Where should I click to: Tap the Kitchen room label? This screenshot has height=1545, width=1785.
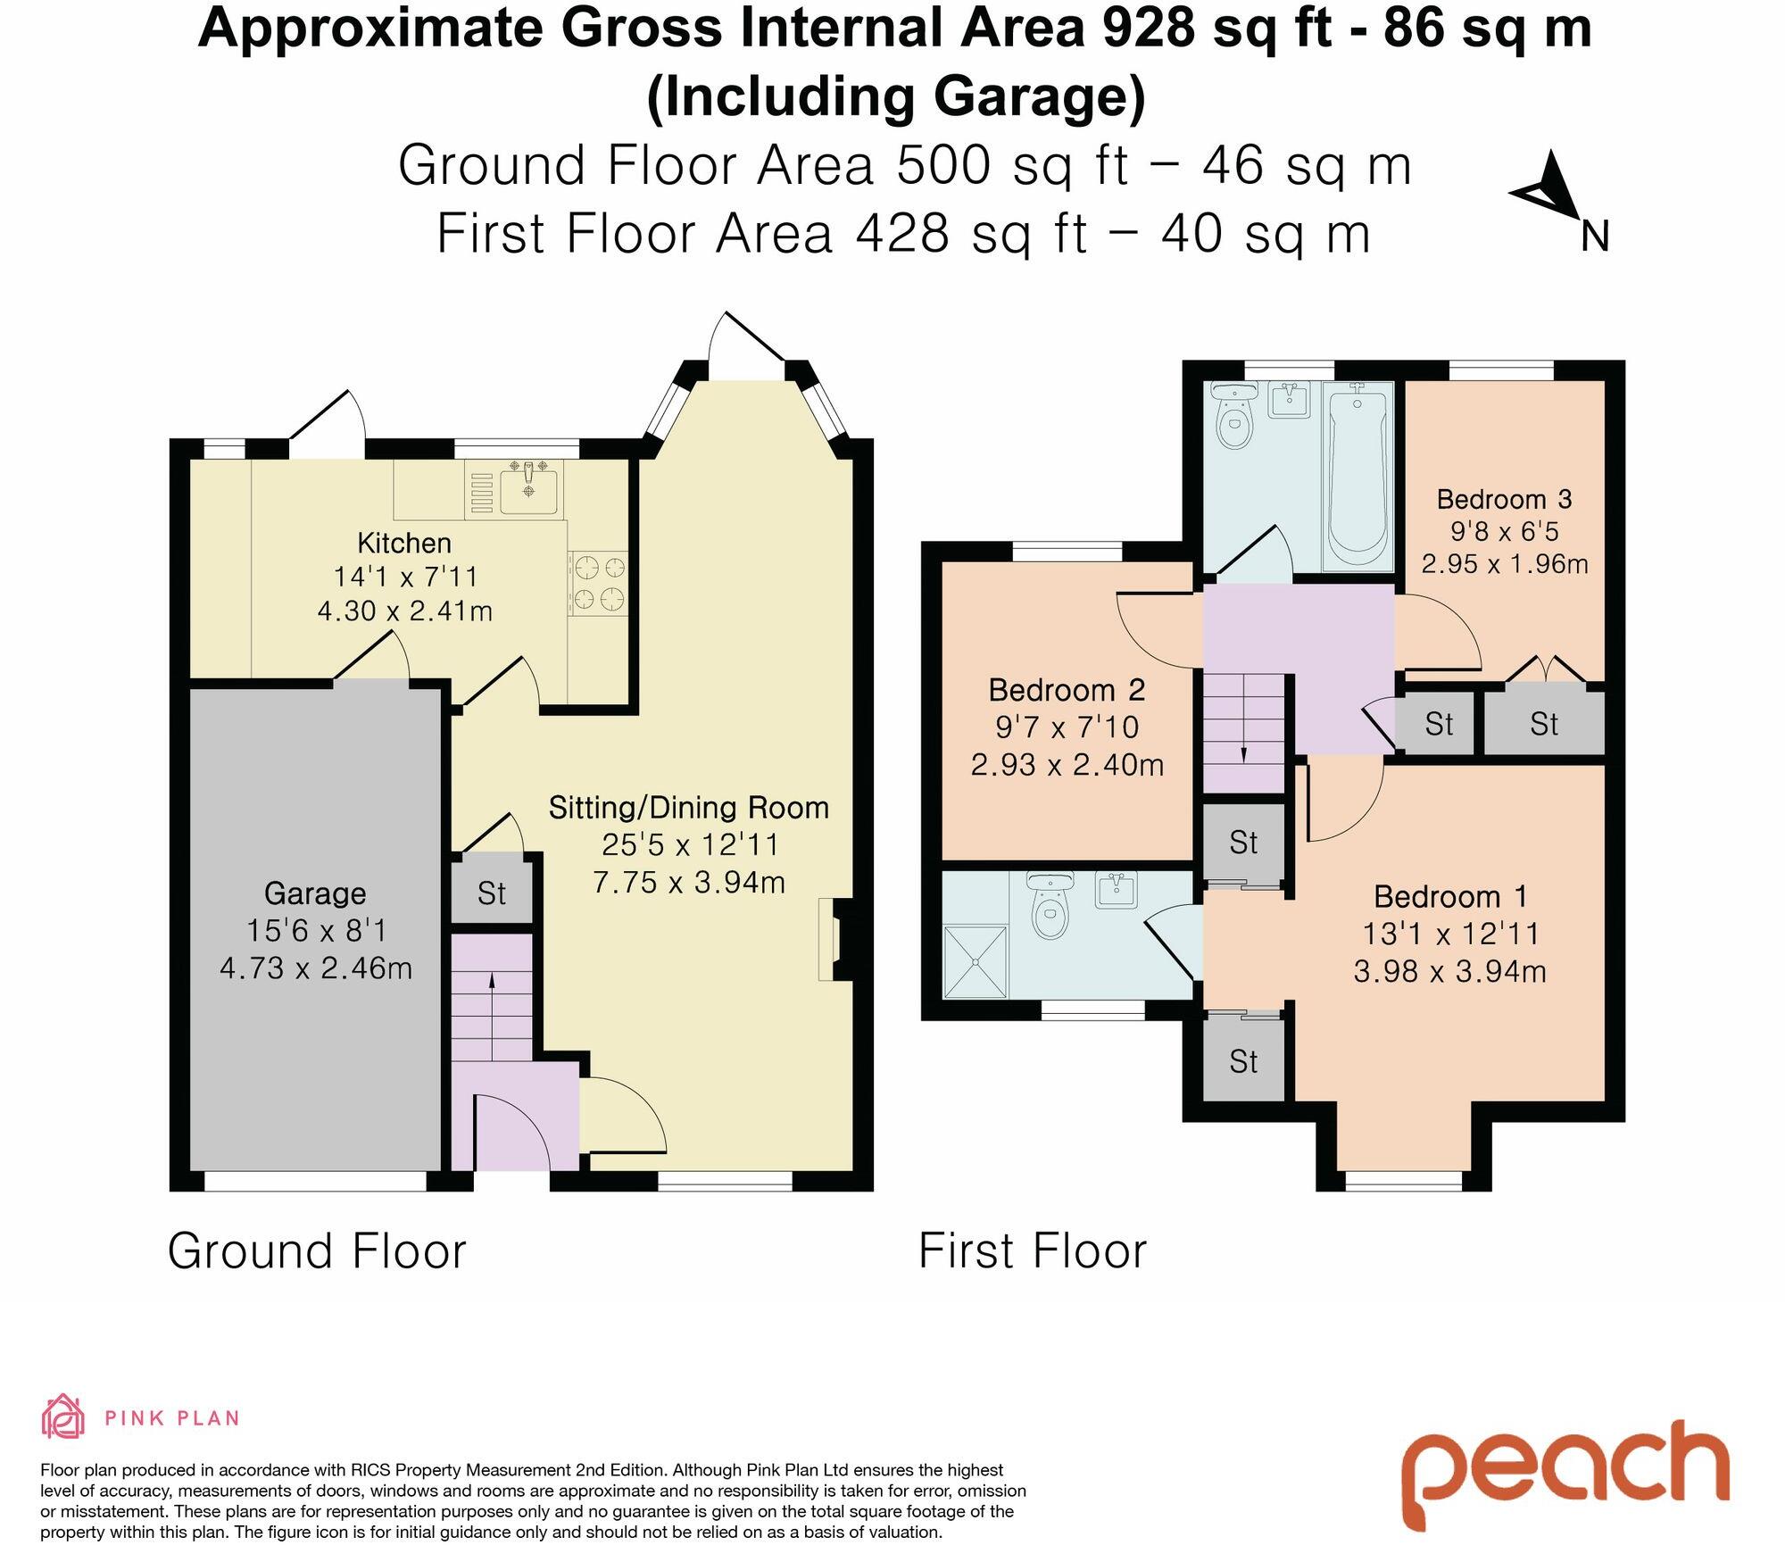tap(404, 543)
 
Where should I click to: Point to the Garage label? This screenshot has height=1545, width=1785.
tap(315, 893)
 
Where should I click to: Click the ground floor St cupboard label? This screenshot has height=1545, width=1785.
tap(492, 893)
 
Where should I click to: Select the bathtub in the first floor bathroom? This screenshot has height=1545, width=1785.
tap(1357, 477)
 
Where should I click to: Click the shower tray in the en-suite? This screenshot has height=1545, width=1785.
tap(976, 962)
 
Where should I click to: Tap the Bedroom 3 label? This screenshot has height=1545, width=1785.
tap(1504, 499)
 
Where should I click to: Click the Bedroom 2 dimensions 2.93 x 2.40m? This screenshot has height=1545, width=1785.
tap(1067, 765)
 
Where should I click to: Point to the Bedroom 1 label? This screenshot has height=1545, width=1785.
tap(1450, 896)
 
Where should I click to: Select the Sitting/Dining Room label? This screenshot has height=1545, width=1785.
tap(689, 808)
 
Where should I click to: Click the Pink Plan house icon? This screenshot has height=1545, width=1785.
tap(64, 1417)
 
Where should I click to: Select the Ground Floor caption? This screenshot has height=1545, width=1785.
tap(318, 1250)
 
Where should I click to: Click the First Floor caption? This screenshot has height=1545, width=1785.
tap(1033, 1250)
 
